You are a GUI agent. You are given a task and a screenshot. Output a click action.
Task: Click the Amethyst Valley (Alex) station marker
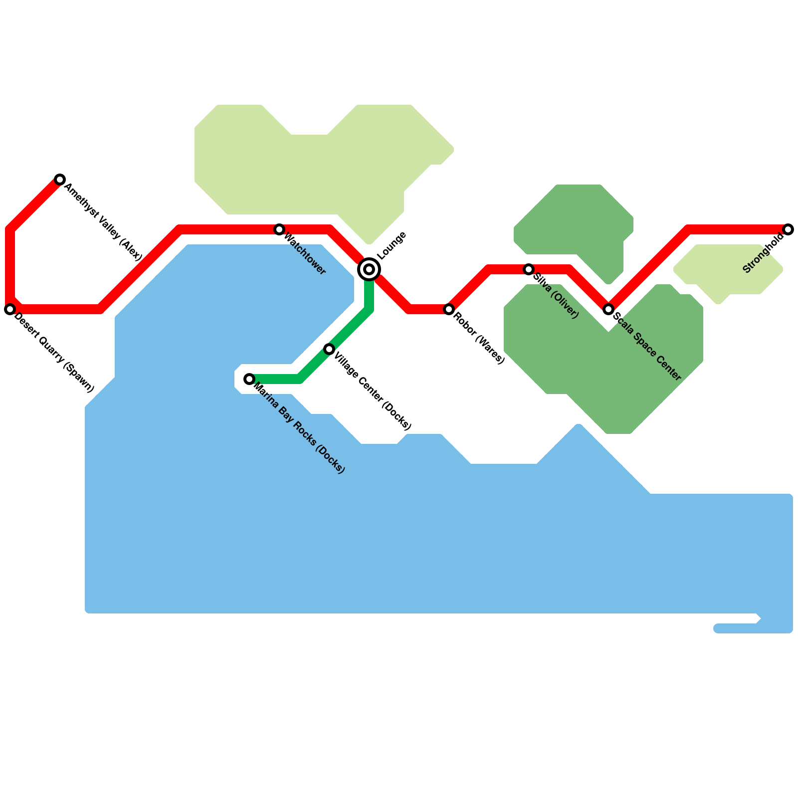(60, 180)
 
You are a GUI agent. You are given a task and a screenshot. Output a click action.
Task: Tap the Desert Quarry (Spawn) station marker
(10, 309)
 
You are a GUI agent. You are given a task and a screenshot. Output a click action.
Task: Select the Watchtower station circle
(279, 229)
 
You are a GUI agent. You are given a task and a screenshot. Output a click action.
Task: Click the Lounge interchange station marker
(369, 269)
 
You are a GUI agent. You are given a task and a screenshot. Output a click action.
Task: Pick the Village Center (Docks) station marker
(329, 349)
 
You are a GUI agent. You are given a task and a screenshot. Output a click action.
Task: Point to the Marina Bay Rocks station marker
(249, 379)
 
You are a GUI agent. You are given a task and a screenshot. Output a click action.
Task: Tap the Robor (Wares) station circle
(449, 309)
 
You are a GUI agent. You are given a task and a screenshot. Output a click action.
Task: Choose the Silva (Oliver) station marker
(529, 269)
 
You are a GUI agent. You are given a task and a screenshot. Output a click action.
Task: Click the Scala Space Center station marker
(608, 309)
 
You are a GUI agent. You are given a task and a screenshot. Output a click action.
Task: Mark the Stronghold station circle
(788, 229)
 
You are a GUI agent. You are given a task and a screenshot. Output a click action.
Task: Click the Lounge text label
(392, 246)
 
